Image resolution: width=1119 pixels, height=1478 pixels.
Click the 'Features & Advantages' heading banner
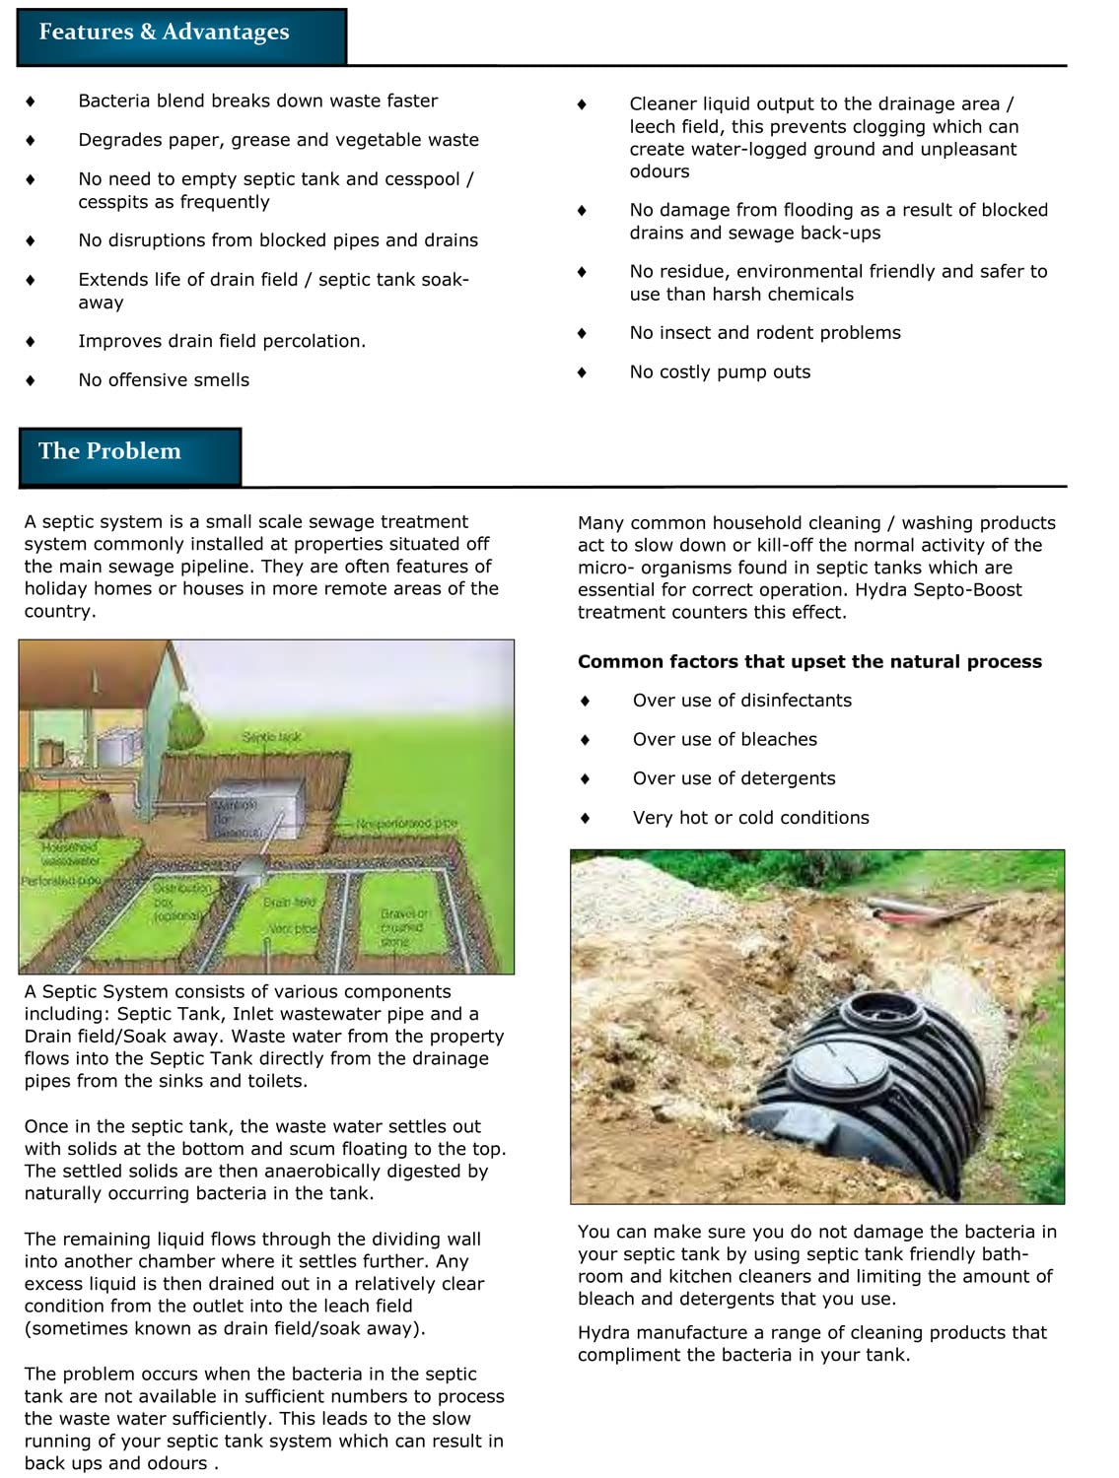tap(181, 35)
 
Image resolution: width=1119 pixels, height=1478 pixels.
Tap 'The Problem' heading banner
tap(129, 455)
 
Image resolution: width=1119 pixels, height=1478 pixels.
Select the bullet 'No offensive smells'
tap(164, 380)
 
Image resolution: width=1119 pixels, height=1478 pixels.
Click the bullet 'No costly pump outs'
tap(720, 372)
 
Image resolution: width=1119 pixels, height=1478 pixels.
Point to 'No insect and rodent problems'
tap(765, 333)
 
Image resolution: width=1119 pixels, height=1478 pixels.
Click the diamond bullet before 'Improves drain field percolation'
tap(31, 342)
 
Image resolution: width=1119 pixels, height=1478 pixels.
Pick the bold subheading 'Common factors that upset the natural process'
tap(809, 662)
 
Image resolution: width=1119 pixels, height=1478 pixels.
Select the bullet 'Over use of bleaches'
tap(725, 740)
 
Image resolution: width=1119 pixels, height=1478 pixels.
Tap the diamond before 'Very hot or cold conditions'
tap(585, 818)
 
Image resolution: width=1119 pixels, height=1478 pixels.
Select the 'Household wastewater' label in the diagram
tap(70, 853)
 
